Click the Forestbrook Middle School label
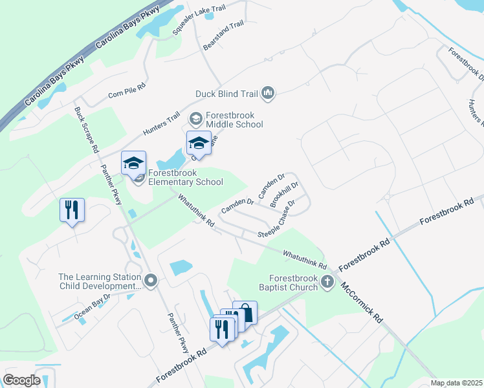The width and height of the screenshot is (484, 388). tap(234, 120)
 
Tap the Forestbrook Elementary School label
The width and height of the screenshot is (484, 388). tap(186, 177)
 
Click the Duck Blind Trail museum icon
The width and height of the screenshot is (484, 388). tap(268, 94)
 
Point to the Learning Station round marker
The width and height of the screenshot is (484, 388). tap(151, 281)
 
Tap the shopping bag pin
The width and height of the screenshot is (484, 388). tap(245, 314)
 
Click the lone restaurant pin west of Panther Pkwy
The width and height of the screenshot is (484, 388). tap(72, 210)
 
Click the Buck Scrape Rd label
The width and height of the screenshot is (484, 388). tap(86, 130)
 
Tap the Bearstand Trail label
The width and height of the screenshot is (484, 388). tap(223, 36)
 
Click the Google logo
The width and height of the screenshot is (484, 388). tap(22, 380)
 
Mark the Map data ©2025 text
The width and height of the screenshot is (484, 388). tap(456, 383)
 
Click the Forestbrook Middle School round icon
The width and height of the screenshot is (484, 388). tap(195, 119)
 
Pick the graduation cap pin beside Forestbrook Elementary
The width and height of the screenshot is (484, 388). tap(133, 164)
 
